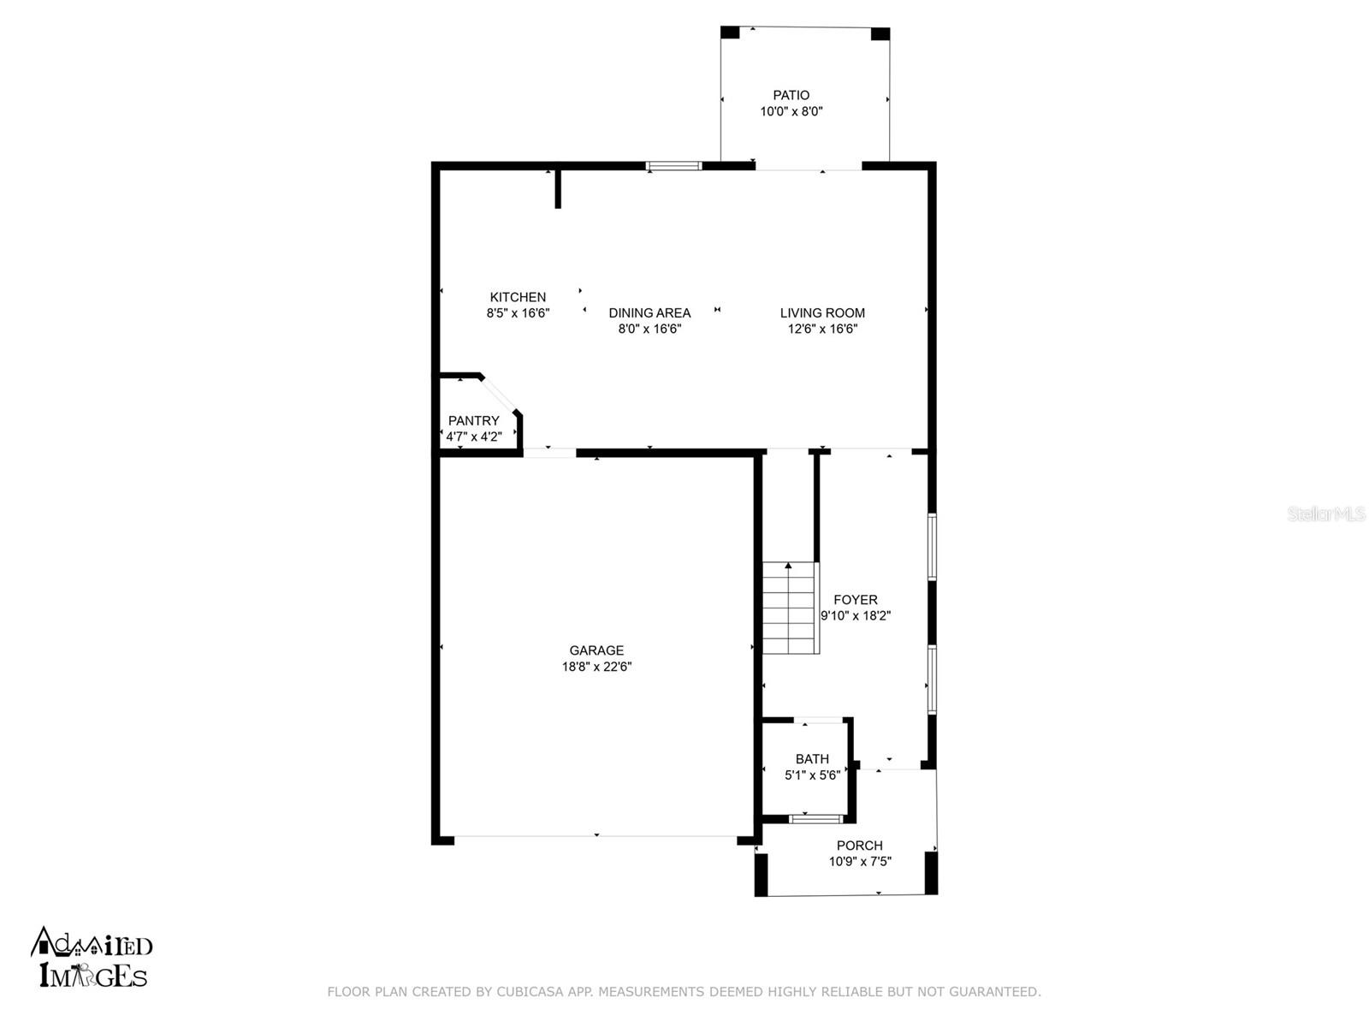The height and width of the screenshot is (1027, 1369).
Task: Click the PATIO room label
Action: coord(791,95)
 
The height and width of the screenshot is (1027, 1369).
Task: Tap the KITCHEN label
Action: coord(518,298)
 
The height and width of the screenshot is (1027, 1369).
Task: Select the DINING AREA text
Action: coord(649,313)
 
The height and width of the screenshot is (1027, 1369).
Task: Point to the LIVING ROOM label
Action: coord(822,313)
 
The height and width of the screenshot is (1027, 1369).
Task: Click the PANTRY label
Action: coord(473,421)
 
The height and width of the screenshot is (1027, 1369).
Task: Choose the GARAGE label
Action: coord(596,650)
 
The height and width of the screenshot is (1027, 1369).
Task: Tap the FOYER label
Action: coord(855,600)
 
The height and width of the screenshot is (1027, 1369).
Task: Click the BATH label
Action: coord(812,759)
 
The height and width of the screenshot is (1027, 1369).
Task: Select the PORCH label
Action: coord(859,846)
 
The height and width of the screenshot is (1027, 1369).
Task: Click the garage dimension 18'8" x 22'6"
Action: coord(596,667)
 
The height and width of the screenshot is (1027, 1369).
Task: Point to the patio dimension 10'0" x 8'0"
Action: coord(791,111)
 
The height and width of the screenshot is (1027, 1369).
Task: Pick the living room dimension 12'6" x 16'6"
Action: coord(822,329)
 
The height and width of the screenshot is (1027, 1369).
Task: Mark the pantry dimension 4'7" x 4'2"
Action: coord(473,436)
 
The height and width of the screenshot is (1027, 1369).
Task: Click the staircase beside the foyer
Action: coord(790,608)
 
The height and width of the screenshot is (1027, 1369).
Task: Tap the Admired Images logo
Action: coord(92,957)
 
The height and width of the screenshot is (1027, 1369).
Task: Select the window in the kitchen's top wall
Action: coord(673,166)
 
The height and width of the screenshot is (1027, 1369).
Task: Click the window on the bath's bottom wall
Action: coord(815,819)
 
